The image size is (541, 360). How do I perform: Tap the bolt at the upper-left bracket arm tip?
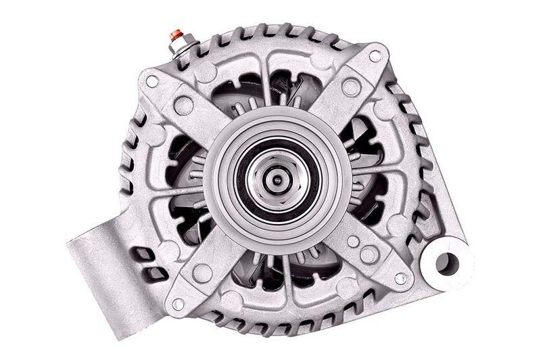click(152, 81)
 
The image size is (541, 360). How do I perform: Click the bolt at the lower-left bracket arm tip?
click(178, 304)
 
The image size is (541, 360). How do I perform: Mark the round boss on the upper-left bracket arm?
click(183, 105)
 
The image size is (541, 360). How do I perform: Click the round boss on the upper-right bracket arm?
click(350, 87)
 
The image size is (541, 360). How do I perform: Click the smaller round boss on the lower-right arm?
click(353, 240)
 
